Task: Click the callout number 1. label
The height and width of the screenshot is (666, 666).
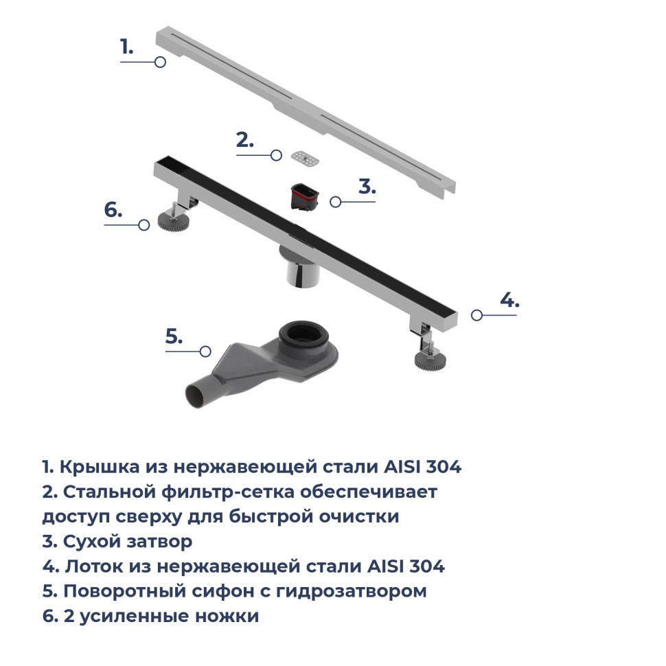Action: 126,47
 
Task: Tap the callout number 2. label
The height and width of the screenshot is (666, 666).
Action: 244,140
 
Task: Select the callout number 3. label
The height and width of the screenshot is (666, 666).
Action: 367,187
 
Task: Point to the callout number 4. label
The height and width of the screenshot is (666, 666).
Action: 509,300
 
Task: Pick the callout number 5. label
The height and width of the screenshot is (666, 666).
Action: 174,336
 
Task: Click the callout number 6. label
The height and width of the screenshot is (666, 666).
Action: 113,210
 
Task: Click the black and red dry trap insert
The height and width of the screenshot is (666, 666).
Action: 303,196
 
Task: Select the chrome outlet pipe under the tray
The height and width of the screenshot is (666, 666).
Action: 301,272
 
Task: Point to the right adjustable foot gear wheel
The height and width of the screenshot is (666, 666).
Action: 429,360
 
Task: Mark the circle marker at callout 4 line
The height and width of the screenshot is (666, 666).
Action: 476,314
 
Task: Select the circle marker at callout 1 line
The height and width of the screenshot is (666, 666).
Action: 160,62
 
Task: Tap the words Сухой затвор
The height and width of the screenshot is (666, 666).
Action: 127,542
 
